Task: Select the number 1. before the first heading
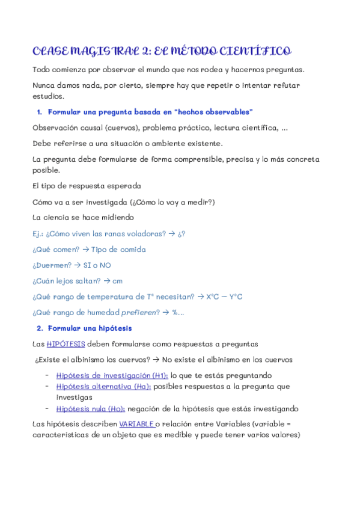40,112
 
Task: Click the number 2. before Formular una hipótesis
40,328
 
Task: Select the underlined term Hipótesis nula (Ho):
91,408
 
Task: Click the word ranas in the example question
112,233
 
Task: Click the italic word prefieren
140,312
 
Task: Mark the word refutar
291,85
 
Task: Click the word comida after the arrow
132,249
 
